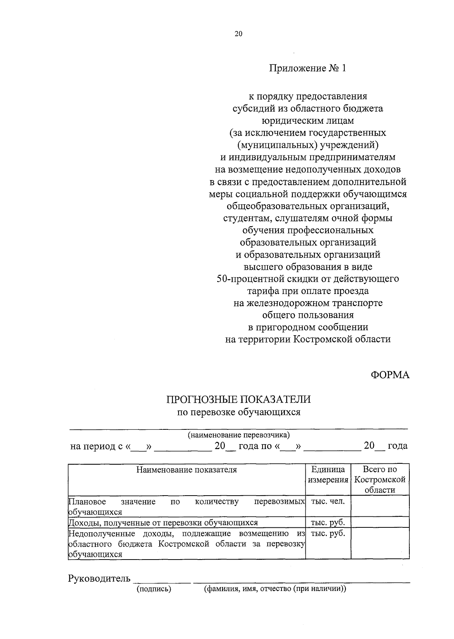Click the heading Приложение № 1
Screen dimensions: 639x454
pyautogui.click(x=307, y=68)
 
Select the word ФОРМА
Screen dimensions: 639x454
pyautogui.click(x=390, y=375)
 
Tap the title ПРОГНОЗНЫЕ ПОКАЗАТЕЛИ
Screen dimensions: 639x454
pyautogui.click(x=239, y=400)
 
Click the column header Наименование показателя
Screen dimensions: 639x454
pyautogui.click(x=187, y=470)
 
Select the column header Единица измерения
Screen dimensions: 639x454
pyautogui.click(x=328, y=475)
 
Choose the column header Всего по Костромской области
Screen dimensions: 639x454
pyautogui.click(x=380, y=480)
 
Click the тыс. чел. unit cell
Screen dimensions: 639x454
pyautogui.click(x=328, y=502)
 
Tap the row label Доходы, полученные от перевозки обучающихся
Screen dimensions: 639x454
pyautogui.click(x=163, y=523)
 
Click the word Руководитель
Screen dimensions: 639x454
pyautogui.click(x=99, y=578)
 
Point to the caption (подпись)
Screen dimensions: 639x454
pyautogui.click(x=154, y=589)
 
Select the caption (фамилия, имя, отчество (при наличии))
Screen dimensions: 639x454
pyautogui.click(x=275, y=589)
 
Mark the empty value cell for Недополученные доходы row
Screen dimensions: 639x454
pyautogui.click(x=380, y=544)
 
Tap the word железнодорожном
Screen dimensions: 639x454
pyautogui.click(x=288, y=303)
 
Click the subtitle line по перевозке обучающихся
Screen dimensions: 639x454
pyautogui.click(x=239, y=412)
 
